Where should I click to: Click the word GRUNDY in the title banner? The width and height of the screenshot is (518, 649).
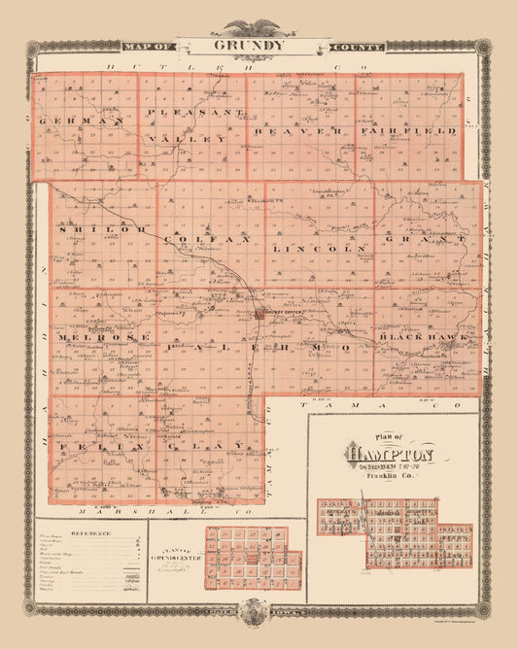point(258,45)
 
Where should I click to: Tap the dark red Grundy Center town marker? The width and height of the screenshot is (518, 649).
point(260,315)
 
